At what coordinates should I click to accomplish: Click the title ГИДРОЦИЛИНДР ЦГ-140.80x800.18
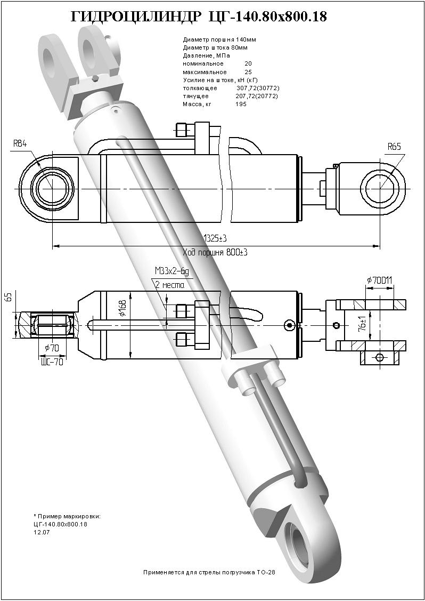click(199, 18)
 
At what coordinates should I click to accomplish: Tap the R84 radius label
click(20, 143)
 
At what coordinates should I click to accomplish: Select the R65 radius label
click(394, 147)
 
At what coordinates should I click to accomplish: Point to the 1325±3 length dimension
click(216, 238)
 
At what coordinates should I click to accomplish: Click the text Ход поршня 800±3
click(215, 252)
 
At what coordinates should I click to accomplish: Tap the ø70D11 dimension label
click(380, 279)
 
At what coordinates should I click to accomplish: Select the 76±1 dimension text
click(362, 324)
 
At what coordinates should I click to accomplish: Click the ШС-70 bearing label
click(52, 362)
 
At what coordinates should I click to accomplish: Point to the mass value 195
click(241, 104)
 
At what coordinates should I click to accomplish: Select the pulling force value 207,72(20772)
click(257, 96)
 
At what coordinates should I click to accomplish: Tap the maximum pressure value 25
click(248, 72)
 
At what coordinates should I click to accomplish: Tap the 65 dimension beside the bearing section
click(9, 297)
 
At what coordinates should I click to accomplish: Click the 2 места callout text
click(169, 285)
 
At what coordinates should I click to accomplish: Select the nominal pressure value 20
click(248, 64)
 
